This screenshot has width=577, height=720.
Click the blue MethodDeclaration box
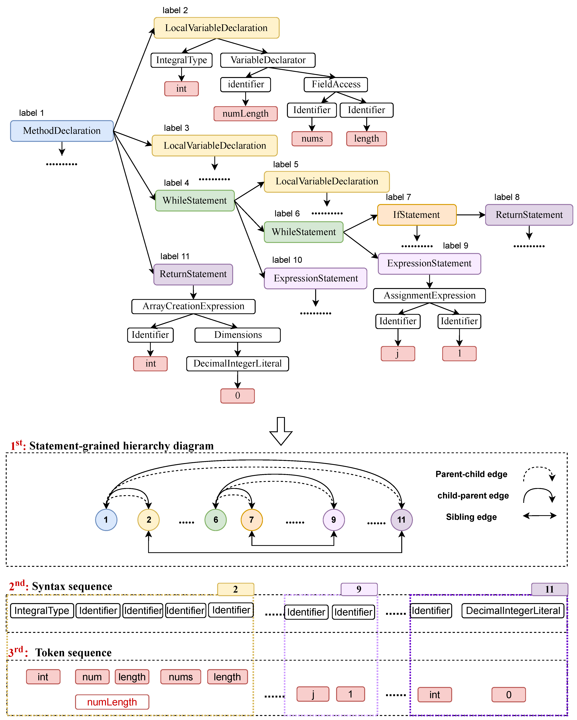click(62, 131)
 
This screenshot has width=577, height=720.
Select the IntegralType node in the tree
click(181, 60)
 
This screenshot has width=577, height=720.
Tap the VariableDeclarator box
click(268, 60)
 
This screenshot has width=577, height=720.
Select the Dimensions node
click(238, 335)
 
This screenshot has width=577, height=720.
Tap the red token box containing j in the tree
click(398, 353)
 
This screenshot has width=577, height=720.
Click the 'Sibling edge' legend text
click(471, 517)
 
